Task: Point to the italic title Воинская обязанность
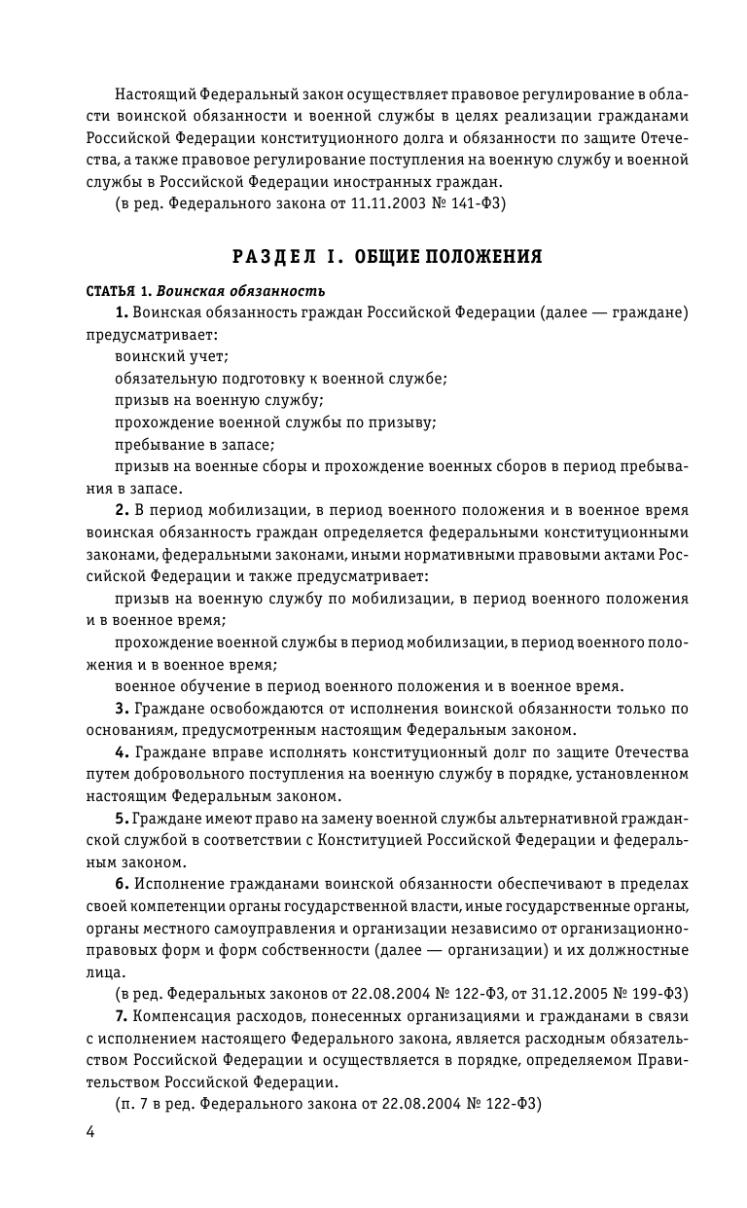click(240, 291)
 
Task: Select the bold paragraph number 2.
click(121, 511)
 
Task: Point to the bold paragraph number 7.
click(121, 1016)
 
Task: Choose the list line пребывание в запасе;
click(195, 445)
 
